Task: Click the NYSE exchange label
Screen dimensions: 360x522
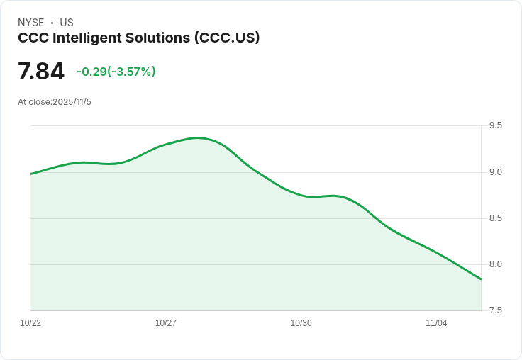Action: click(x=30, y=23)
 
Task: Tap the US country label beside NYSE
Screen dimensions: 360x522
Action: click(x=67, y=23)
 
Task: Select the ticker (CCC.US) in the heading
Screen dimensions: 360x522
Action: click(x=227, y=38)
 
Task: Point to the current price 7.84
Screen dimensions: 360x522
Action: click(x=41, y=72)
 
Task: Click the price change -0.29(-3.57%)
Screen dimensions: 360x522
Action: click(x=116, y=72)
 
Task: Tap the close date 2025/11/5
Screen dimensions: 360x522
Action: click(x=72, y=102)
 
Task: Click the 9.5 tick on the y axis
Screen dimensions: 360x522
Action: click(x=495, y=125)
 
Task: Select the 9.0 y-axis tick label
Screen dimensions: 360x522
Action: click(x=495, y=172)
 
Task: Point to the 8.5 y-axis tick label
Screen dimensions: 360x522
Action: click(x=495, y=218)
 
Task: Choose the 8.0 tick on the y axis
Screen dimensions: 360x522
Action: click(x=495, y=264)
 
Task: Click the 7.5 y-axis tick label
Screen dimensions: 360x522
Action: click(x=495, y=310)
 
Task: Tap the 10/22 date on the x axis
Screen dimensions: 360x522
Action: click(x=30, y=323)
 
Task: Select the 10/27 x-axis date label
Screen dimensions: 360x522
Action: click(x=166, y=323)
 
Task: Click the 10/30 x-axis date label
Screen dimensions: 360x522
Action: click(x=301, y=323)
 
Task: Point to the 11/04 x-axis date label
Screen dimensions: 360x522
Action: click(x=436, y=323)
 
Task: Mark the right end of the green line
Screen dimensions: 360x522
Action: click(x=481, y=279)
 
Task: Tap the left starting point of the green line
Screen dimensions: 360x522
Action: click(x=31, y=174)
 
